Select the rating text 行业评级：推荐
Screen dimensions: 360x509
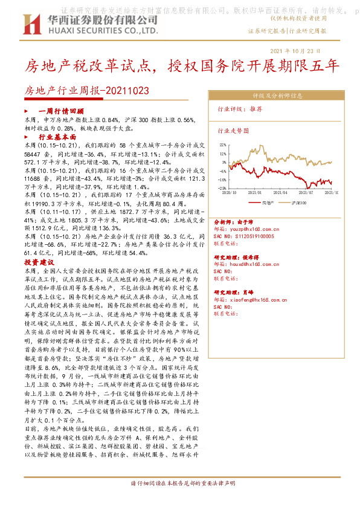pos(240,109)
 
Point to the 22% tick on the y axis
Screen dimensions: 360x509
pos(223,145)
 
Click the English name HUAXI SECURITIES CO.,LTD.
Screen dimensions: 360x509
pos(99,29)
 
